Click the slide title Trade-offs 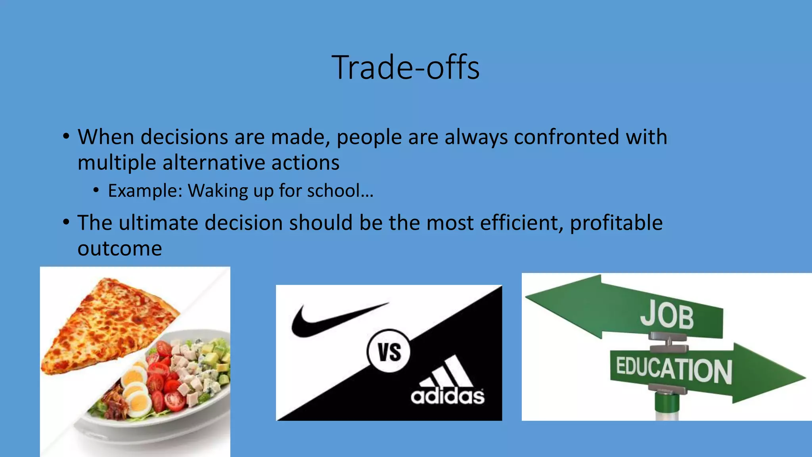click(x=405, y=67)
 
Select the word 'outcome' click(x=120, y=249)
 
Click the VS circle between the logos click(x=389, y=351)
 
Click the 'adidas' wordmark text click(x=447, y=396)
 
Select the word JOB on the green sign click(x=667, y=316)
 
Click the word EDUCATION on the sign click(x=674, y=370)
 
